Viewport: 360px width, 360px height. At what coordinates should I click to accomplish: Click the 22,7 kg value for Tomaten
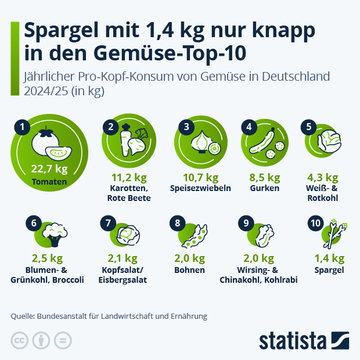(49, 169)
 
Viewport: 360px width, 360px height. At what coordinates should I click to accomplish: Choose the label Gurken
(265, 188)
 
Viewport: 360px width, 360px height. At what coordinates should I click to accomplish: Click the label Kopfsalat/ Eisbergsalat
(127, 275)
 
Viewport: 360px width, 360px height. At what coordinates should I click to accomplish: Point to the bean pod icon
(195, 235)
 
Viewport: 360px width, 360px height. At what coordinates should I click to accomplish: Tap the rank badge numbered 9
(246, 223)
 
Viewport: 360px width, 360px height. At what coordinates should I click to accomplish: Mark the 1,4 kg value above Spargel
(329, 258)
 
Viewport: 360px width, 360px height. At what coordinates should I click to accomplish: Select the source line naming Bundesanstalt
(109, 316)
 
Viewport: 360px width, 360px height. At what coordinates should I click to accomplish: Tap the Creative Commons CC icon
(20, 340)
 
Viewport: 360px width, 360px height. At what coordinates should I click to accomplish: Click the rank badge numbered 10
(315, 223)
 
